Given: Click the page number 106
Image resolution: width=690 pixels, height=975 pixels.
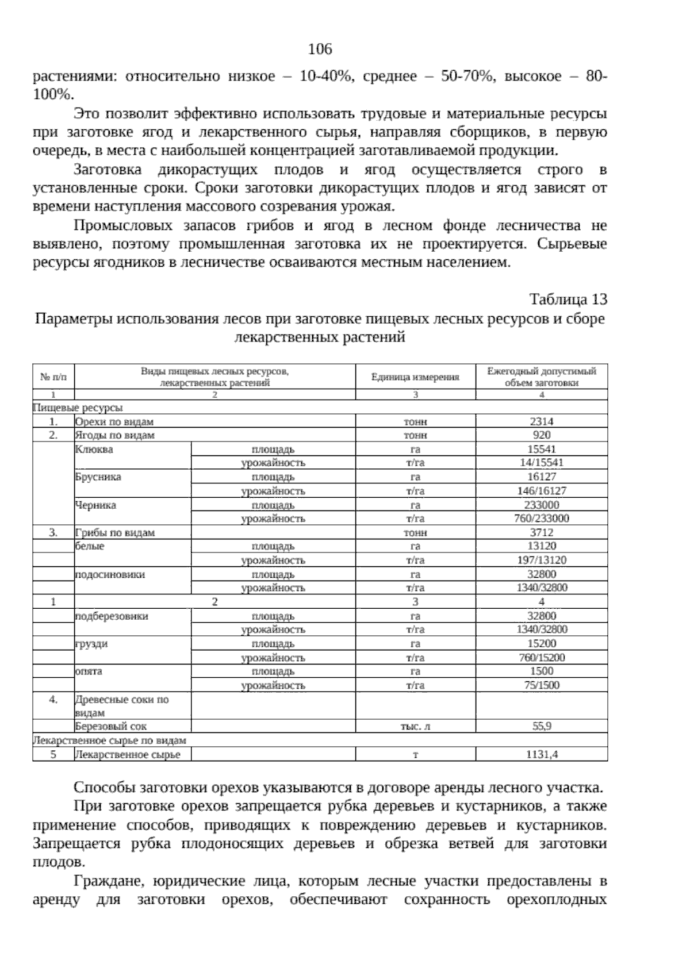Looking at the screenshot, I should [x=320, y=49].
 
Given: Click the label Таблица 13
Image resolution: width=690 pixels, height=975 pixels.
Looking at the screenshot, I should [x=568, y=300].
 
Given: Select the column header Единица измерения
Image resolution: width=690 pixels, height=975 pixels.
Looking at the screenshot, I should [x=415, y=377].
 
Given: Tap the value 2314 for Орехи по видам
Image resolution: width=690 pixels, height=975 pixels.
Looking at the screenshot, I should [x=541, y=421].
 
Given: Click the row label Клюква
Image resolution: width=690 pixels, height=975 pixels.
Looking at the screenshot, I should [x=94, y=450].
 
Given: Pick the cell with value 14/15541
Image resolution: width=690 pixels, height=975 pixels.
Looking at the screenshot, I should [x=541, y=463].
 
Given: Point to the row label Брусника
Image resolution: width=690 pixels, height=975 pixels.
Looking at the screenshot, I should [x=98, y=477].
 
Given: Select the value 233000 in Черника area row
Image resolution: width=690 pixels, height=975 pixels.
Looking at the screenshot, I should [x=541, y=505].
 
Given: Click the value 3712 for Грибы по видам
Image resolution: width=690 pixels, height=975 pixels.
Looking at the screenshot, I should [x=541, y=532].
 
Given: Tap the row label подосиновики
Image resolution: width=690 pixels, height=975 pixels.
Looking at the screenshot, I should [x=110, y=574].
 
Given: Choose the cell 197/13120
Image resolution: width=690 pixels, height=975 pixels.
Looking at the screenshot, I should [x=541, y=560].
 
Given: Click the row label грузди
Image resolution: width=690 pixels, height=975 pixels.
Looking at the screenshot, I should [x=92, y=644].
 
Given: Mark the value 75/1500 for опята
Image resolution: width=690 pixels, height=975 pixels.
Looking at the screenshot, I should [x=541, y=685].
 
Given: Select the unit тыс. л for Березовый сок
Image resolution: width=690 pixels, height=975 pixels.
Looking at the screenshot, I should [x=415, y=726].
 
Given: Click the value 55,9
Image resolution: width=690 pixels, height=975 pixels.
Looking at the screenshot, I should [x=541, y=726].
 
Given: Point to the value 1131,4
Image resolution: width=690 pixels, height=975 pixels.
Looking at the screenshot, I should [x=541, y=754].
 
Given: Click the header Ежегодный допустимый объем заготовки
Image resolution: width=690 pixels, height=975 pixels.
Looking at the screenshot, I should [x=541, y=377].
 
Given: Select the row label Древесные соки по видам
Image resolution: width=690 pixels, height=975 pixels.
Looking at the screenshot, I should [x=121, y=705].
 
